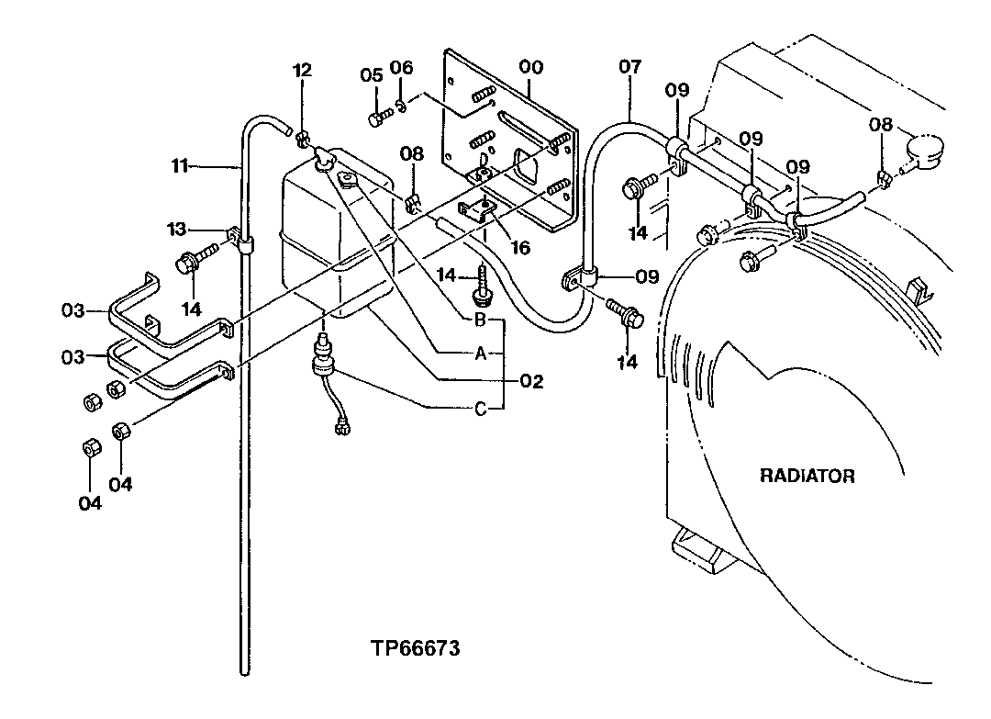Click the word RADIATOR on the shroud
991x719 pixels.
point(807,476)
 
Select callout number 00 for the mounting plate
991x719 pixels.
point(530,67)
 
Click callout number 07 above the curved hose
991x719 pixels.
point(629,67)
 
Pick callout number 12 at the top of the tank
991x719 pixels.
point(302,70)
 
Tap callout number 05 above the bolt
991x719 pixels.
point(371,75)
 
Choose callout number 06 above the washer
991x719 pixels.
point(402,68)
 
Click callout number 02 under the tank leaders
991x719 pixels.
point(531,380)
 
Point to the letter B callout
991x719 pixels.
point(479,320)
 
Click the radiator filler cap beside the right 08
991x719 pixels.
point(924,149)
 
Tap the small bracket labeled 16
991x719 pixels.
point(476,212)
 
